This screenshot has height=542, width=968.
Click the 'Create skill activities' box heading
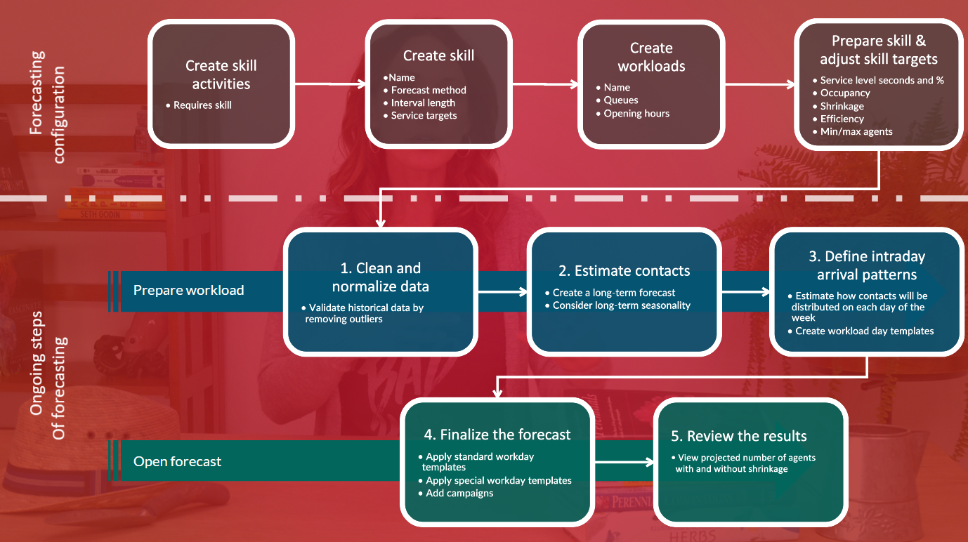pos(221,74)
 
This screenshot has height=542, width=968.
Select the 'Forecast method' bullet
pos(428,91)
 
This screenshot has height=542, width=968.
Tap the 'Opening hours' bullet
pos(636,114)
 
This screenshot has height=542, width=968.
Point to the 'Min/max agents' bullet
pos(856,132)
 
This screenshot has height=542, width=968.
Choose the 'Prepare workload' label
pos(189,290)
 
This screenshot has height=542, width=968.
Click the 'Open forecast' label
pos(177,461)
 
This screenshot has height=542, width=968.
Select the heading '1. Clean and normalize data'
pos(380,277)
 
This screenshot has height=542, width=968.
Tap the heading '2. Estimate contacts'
pos(624,271)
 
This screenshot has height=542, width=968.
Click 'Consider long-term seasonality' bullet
pos(621,305)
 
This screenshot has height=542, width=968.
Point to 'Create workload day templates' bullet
pos(864,331)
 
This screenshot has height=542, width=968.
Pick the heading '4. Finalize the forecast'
pos(497,435)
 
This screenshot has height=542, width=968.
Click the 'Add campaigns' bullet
pos(459,493)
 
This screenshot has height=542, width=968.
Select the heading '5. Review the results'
pos(738,436)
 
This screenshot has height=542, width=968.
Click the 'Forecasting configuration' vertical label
pos(48,106)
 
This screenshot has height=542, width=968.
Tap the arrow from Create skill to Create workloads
pos(545,84)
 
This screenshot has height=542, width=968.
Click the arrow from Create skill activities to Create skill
pos(329,84)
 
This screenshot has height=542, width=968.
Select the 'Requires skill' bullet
pos(202,105)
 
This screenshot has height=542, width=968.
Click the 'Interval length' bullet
pos(422,103)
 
